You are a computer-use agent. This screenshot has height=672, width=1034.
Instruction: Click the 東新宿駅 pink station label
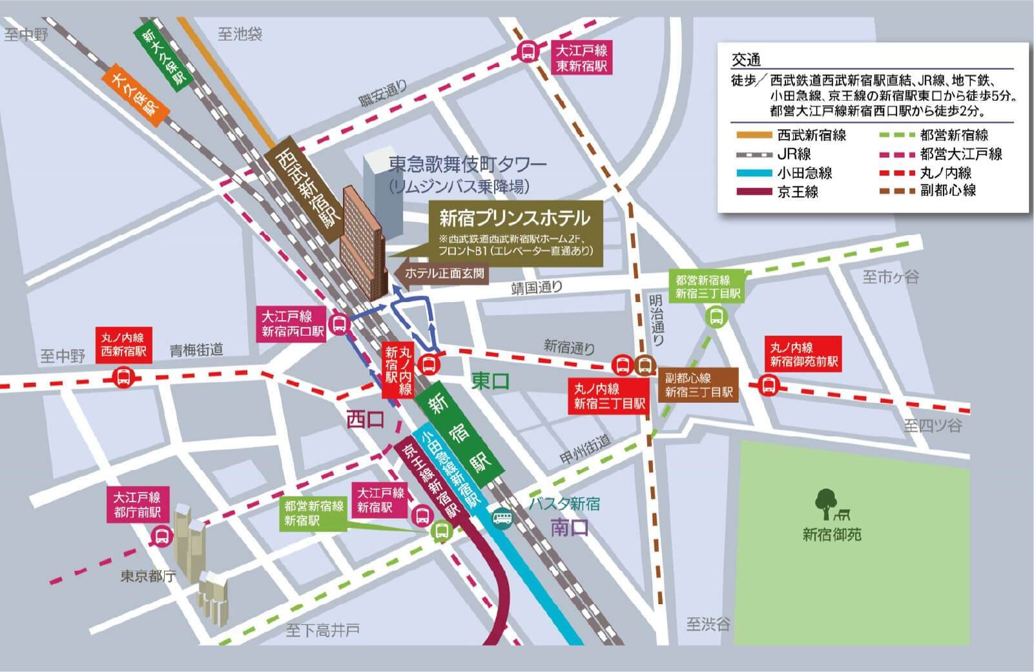581,58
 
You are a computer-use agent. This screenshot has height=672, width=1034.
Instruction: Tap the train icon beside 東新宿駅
528,52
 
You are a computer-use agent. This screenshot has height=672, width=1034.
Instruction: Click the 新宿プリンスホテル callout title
515,218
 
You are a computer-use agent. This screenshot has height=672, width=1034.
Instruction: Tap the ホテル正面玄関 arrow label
442,273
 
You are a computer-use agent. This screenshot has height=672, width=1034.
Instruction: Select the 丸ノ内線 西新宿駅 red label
123,345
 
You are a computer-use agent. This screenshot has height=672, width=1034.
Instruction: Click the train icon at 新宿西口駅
339,323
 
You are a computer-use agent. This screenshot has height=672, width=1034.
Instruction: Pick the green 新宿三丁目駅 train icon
716,316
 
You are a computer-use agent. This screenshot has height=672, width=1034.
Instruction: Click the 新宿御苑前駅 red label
803,354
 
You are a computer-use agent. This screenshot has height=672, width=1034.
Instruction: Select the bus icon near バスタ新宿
502,518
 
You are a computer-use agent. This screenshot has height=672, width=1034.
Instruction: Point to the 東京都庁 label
148,576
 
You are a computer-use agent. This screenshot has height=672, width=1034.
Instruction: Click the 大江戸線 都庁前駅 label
137,505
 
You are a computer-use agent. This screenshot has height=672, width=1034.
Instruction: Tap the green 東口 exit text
490,381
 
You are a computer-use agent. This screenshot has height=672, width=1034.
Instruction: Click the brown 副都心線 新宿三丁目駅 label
699,385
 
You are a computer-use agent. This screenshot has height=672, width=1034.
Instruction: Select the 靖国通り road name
536,287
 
